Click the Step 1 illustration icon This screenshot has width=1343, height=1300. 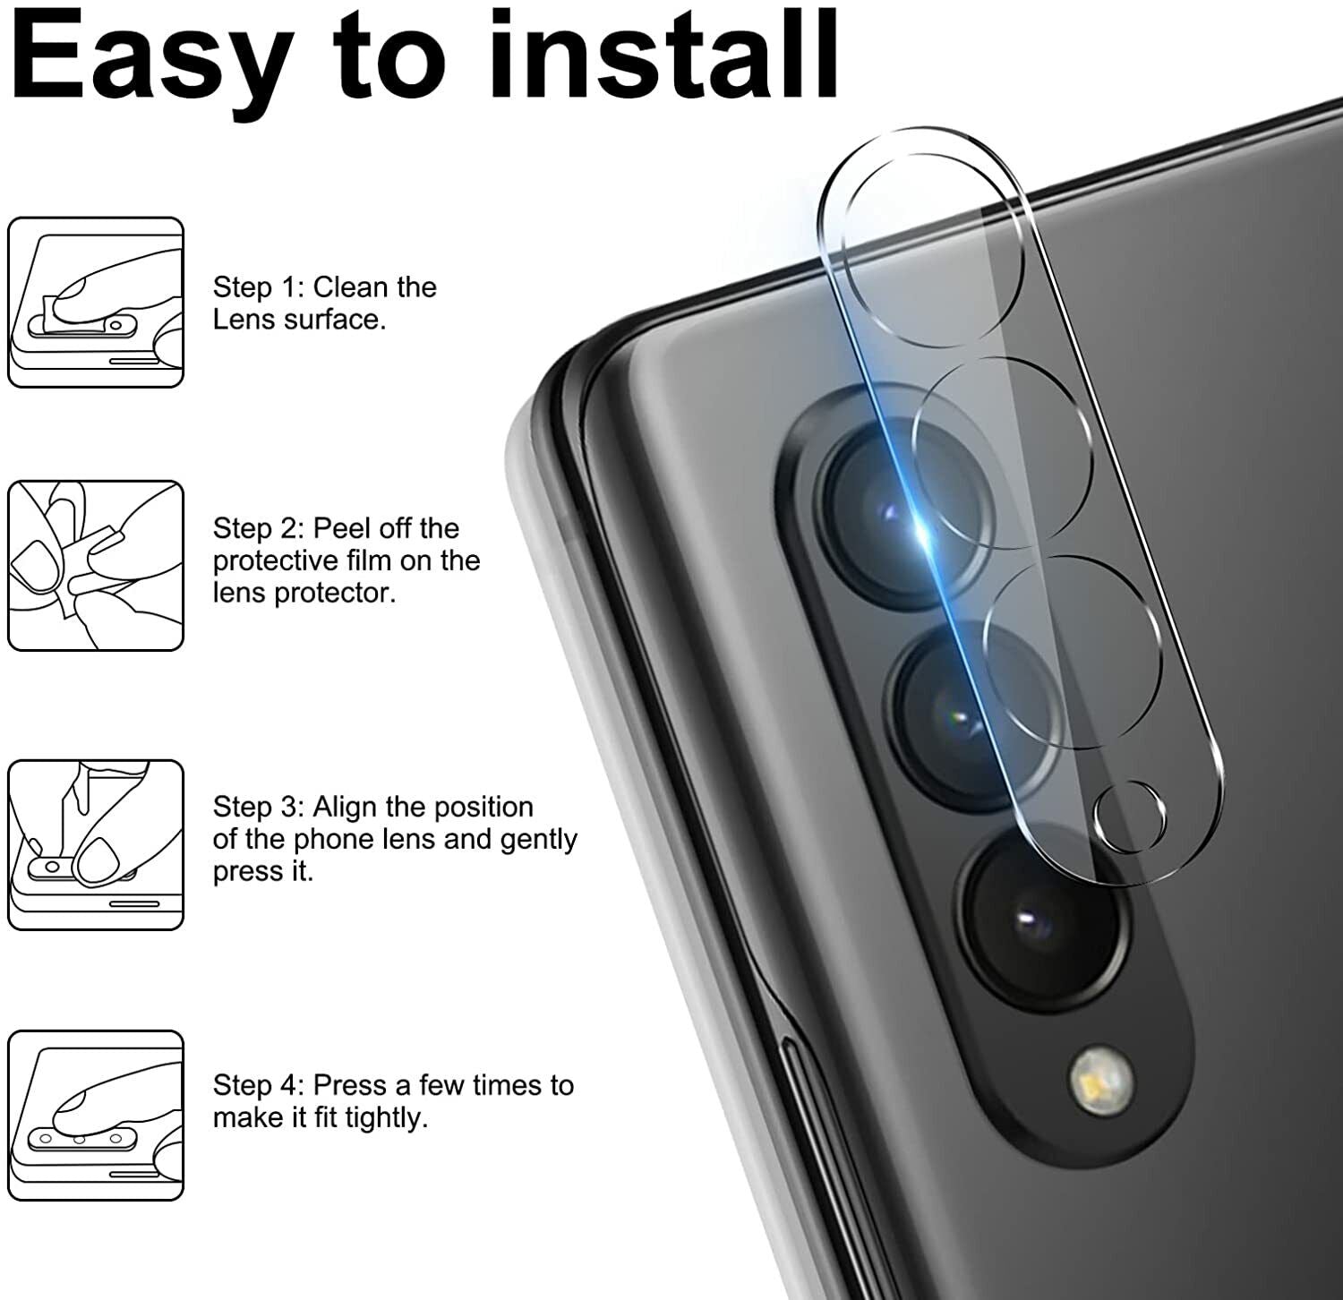[x=96, y=303]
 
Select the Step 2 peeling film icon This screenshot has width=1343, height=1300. [x=96, y=565]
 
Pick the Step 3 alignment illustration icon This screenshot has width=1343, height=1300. [x=96, y=844]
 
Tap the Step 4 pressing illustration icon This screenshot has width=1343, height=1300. [x=96, y=1115]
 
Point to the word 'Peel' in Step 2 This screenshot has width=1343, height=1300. [x=340, y=528]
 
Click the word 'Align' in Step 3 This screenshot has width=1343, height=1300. [x=346, y=807]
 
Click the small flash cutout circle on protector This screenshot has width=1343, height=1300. [x=1130, y=817]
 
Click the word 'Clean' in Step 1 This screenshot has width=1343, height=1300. [x=351, y=287]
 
